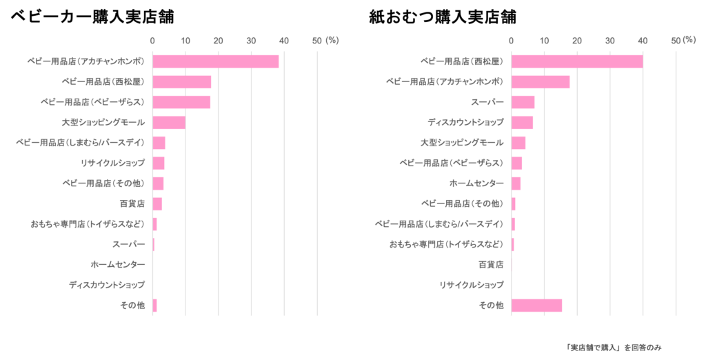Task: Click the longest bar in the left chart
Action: tap(216, 62)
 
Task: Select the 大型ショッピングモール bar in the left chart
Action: tap(169, 123)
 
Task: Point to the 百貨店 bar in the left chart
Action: tap(157, 204)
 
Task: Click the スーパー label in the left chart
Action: tap(129, 244)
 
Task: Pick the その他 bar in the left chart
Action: tap(155, 306)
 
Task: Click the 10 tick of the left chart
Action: tap(185, 41)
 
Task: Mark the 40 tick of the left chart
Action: tap(284, 41)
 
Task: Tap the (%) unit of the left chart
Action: tap(332, 41)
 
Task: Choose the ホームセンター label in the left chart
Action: tap(117, 265)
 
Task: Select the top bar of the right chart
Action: tap(577, 62)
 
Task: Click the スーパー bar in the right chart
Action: tap(523, 102)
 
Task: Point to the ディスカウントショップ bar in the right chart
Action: tap(523, 123)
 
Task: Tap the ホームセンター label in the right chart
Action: tap(476, 183)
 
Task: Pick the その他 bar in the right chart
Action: tap(537, 306)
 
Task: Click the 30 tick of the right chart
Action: tap(609, 41)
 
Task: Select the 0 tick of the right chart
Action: tap(511, 41)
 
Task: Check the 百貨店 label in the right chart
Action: tap(491, 265)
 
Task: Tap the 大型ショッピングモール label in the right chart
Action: tap(462, 143)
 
